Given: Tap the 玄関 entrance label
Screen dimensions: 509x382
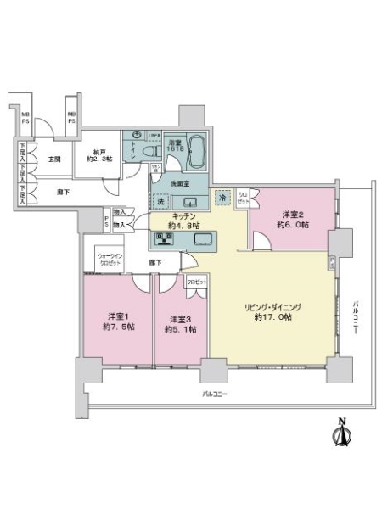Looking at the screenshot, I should pos(54,159).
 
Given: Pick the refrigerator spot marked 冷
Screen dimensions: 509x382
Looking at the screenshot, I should pos(222,197).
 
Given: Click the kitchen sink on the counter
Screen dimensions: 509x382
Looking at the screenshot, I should pos(202,240).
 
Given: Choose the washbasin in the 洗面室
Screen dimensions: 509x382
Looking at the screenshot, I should pos(189,202).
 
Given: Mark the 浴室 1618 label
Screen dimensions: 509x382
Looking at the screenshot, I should pos(176,145).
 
